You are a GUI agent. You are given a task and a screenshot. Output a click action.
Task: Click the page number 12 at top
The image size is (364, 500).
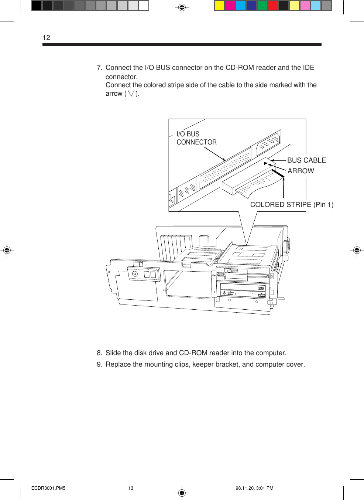(x=47, y=37)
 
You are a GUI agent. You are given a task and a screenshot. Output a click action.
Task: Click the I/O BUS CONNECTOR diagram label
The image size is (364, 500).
(x=196, y=138)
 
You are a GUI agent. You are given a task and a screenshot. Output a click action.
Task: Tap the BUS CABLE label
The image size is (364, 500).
(x=306, y=160)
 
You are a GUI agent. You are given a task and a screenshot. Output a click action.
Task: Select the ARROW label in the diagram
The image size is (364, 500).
(x=301, y=171)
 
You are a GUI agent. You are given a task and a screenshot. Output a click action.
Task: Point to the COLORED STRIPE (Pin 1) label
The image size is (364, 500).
(x=291, y=205)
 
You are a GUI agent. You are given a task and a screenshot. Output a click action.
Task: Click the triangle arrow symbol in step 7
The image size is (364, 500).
(x=131, y=93)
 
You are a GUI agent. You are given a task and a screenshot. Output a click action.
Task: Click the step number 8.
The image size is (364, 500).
(x=99, y=353)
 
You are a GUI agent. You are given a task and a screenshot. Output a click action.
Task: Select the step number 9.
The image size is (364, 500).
(x=99, y=364)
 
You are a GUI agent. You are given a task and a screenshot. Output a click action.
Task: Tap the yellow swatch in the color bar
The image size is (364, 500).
(x=220, y=6)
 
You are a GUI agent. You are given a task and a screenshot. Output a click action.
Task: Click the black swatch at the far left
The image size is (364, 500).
(x=37, y=6)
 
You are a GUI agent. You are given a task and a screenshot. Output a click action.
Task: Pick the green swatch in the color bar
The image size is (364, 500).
(x=262, y=6)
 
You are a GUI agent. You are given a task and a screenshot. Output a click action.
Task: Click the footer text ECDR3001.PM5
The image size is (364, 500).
(x=48, y=488)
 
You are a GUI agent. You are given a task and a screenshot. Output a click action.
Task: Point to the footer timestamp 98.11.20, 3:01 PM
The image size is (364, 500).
(x=254, y=488)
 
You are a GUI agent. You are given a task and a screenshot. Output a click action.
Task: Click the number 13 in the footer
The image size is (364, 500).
(x=131, y=488)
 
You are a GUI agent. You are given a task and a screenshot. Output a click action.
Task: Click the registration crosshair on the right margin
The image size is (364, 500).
(x=357, y=250)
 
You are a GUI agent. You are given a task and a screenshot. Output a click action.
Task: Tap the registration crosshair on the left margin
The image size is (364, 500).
(x=7, y=250)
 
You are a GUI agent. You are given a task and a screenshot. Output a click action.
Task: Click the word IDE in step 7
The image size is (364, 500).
(x=308, y=68)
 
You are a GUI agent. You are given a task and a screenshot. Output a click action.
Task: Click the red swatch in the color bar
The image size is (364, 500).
(x=273, y=6)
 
